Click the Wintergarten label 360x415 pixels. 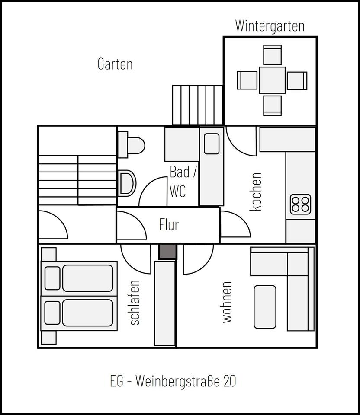(x=270, y=26)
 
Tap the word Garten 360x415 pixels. (x=115, y=64)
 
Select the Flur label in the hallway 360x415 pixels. (x=169, y=225)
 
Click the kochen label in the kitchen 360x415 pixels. (x=256, y=192)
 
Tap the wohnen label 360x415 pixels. (x=227, y=302)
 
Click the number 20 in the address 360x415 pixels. (x=229, y=382)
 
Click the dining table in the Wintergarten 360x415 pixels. (x=272, y=80)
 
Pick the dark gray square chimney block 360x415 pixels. (x=167, y=252)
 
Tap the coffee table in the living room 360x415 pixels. (x=265, y=307)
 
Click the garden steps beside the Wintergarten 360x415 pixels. (x=197, y=105)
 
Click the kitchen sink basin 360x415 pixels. (x=212, y=144)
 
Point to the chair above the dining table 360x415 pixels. (x=272, y=55)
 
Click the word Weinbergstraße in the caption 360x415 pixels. (x=179, y=382)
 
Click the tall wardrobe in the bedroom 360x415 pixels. (x=165, y=303)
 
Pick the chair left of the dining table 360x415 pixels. (x=247, y=80)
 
